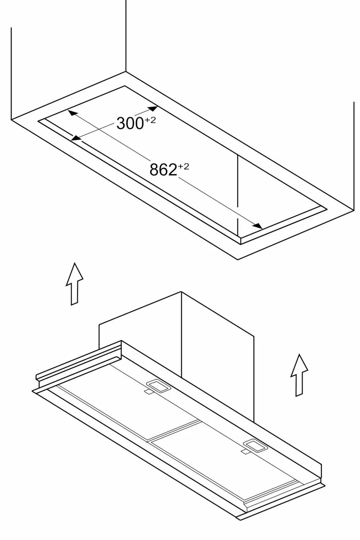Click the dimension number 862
point(163,170)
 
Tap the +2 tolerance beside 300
point(150,120)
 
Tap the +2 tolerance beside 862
point(184,167)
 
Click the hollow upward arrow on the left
point(75,284)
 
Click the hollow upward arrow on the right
point(299,375)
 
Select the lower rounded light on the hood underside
point(255,446)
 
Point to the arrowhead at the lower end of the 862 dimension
point(257,226)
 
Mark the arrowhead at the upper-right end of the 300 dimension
point(153,108)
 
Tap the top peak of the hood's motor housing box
point(181,292)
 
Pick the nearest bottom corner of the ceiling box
point(238,260)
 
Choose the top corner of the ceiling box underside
point(126,72)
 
